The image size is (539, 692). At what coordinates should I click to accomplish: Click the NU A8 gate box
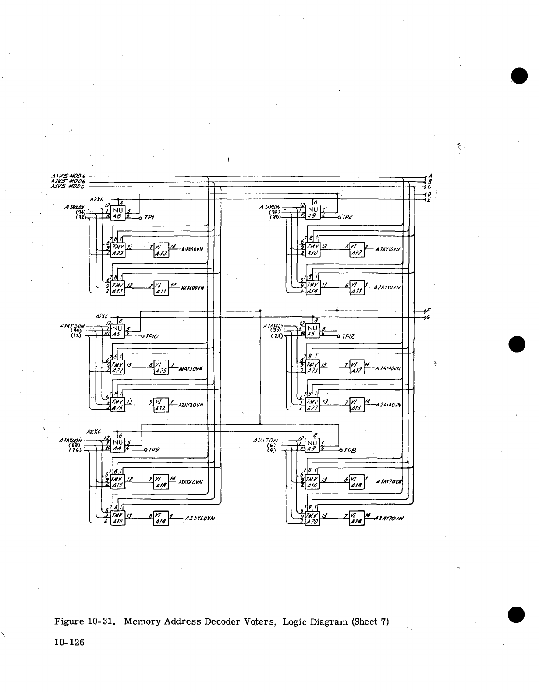coord(117,212)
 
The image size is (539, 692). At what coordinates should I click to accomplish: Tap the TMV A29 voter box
coord(118,250)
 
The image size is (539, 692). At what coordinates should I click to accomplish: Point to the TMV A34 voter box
coord(314,287)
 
